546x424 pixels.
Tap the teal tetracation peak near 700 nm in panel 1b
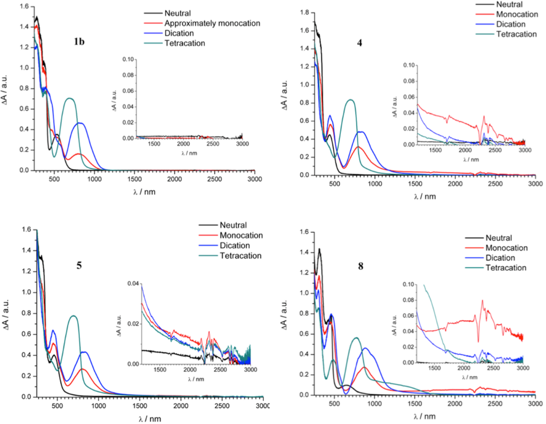pyautogui.click(x=69, y=99)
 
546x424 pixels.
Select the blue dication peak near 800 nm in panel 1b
pyautogui.click(x=80, y=123)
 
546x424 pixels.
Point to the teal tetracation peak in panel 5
pyautogui.click(x=74, y=316)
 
